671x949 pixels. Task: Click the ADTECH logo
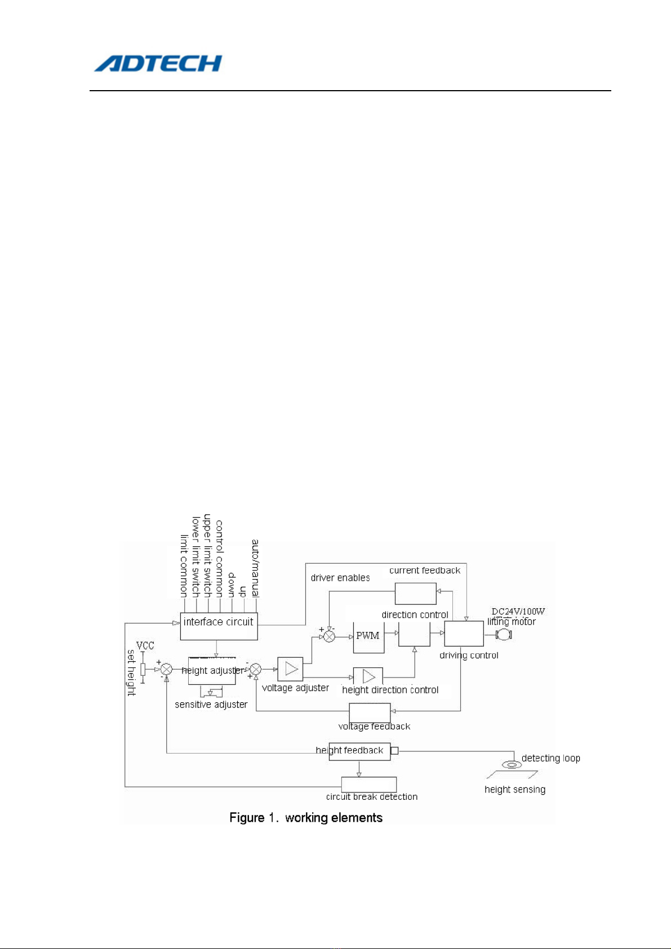[158, 63]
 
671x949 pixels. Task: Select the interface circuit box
[219, 626]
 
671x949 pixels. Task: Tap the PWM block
[368, 636]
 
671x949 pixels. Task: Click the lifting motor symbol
[503, 635]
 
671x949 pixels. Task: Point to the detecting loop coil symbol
[512, 764]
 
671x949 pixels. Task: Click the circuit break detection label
[372, 796]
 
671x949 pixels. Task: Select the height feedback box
[359, 751]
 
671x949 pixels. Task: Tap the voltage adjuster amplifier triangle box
[290, 669]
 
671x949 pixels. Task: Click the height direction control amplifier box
[368, 676]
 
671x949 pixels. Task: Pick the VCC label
[145, 645]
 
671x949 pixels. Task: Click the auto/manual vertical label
[255, 568]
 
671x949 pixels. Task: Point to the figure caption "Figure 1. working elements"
[306, 818]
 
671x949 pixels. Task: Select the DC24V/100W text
[518, 611]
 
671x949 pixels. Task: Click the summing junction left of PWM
[330, 636]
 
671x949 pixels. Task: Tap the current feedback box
[415, 594]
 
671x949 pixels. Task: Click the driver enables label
[340, 578]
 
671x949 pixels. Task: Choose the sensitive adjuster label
[211, 705]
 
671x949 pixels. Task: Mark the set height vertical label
[131, 672]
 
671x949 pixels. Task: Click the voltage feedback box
[370, 712]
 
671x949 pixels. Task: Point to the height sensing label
[515, 790]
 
